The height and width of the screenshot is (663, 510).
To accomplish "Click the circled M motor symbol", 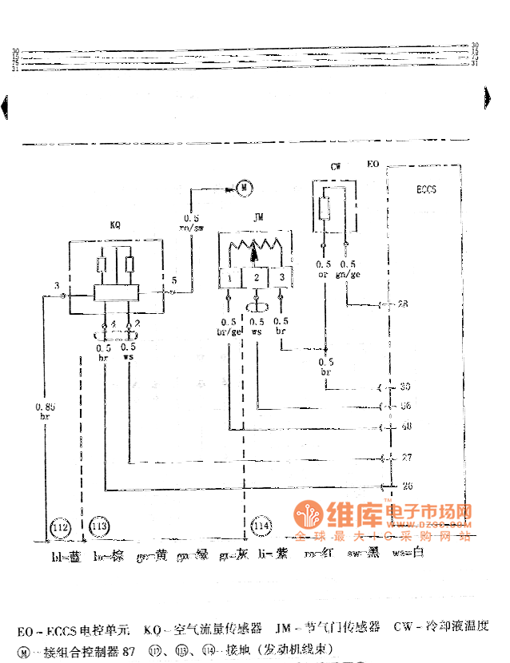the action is [245, 188].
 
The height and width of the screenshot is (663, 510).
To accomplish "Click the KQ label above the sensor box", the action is [115, 225].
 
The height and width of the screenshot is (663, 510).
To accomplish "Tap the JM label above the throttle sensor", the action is [258, 216].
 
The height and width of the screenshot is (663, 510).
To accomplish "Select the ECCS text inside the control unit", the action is [426, 191].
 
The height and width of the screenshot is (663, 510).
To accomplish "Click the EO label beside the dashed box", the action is [372, 165].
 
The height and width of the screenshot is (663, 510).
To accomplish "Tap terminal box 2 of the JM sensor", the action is [256, 276].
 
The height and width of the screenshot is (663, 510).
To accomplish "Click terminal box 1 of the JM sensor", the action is [230, 276].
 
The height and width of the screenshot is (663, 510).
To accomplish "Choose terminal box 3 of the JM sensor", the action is [281, 276].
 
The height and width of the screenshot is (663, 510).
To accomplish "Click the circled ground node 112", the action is [61, 527].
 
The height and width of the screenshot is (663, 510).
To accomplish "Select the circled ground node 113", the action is [99, 527].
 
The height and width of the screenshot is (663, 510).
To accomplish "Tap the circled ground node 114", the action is [261, 527].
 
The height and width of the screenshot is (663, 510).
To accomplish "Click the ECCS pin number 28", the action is [403, 304].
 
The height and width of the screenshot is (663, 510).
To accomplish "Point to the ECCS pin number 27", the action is [406, 459].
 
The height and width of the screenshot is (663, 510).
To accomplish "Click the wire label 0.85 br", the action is [45, 412].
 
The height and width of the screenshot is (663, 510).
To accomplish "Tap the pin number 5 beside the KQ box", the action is [173, 280].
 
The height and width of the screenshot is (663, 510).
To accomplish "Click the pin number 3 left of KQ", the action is [57, 285].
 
